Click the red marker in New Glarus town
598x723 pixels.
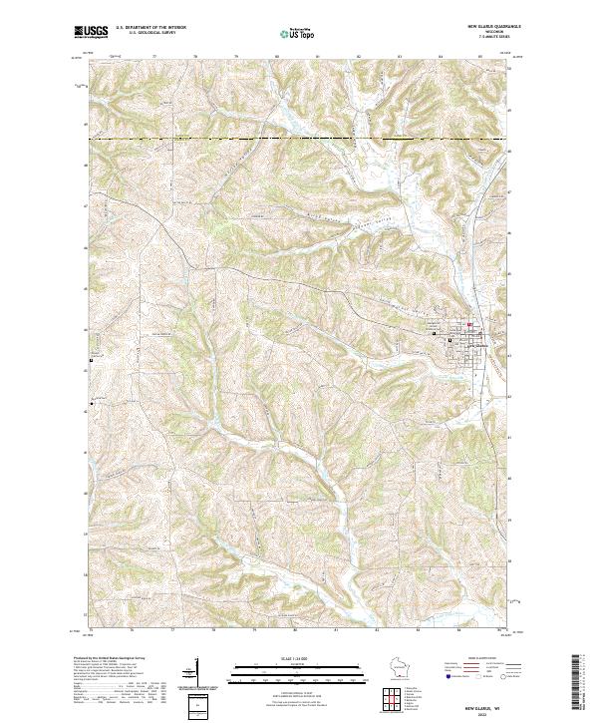(468, 322)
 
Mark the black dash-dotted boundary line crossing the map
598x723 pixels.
(299, 138)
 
